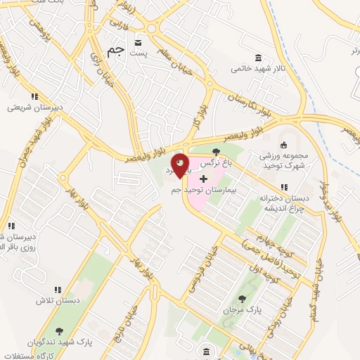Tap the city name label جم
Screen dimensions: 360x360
tap(116, 52)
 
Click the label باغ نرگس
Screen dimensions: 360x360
tap(216, 163)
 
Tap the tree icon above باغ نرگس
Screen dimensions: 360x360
tap(216, 152)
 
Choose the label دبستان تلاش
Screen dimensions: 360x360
tap(56, 301)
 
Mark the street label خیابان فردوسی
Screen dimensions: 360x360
tap(199, 271)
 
